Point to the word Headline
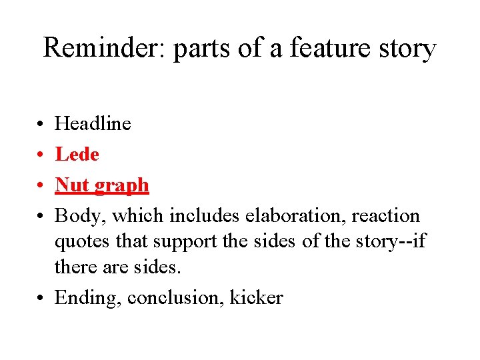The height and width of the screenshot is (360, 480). pos(93,123)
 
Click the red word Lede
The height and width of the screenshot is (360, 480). pos(77,155)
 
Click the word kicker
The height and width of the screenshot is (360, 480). pos(256,297)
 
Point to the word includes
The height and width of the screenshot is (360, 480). pos(204,216)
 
